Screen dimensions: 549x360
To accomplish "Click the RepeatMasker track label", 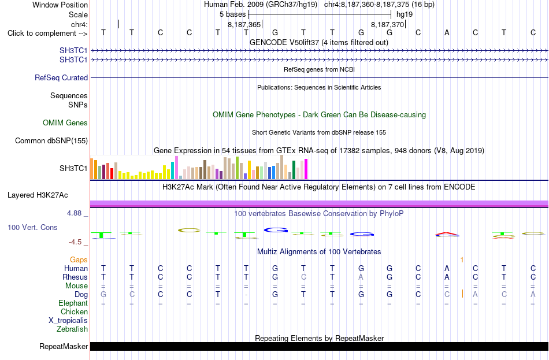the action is point(64,346).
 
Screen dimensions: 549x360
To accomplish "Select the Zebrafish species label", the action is point(72,329).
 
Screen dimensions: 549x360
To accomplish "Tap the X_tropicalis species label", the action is point(68,321).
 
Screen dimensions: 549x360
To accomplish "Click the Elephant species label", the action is point(73,303).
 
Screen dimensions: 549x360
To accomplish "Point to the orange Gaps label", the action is point(79,259).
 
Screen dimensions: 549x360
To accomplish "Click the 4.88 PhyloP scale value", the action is point(74,213).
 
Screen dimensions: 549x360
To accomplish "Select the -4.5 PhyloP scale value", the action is point(75,242).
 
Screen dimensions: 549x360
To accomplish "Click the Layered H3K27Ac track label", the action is point(38,195).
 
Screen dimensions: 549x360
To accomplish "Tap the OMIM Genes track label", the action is point(65,123).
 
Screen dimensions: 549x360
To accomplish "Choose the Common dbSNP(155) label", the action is point(51,140).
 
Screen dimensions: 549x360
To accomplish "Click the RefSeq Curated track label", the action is point(61,77).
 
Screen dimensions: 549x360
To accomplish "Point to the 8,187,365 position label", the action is point(244,24).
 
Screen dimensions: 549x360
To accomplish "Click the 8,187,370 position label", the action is point(387,24).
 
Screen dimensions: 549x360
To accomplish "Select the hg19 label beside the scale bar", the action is point(405,14).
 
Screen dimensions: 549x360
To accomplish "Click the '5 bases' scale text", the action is point(232,14).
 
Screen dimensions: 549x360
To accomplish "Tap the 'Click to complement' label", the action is point(47,34).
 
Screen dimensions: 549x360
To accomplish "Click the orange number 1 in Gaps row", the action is point(462,259).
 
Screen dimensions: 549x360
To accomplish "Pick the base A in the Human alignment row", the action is point(447,268).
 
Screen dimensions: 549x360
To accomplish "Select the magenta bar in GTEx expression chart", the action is point(306,169).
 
